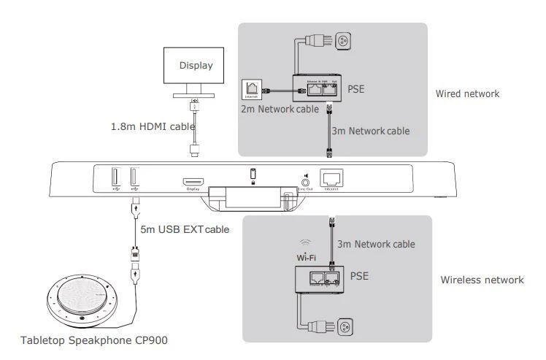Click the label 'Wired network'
467,94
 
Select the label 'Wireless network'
482,280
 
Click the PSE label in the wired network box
356,90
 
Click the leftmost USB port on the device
115,180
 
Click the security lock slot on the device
253,175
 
